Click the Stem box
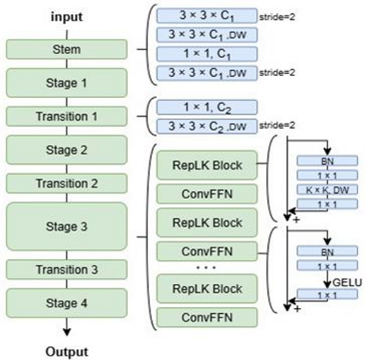pyautogui.click(x=66, y=50)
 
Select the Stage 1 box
pyautogui.click(x=66, y=82)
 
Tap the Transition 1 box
pyautogui.click(x=66, y=116)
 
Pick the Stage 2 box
pyautogui.click(x=66, y=150)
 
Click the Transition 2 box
pyautogui.click(x=66, y=183)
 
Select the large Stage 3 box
pyautogui.click(x=66, y=227)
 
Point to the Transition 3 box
pyautogui.click(x=66, y=270)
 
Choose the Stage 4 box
pyautogui.click(x=66, y=304)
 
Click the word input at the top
pyautogui.click(x=66, y=16)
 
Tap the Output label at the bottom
pyautogui.click(x=67, y=351)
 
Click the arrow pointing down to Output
pyautogui.click(x=67, y=329)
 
